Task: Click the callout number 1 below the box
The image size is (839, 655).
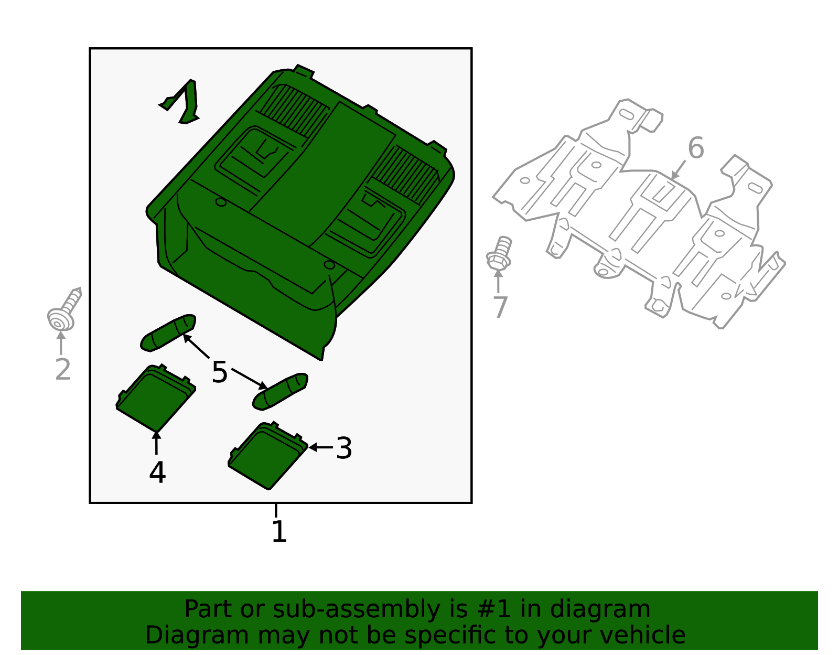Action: click(279, 532)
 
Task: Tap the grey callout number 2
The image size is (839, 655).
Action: click(62, 370)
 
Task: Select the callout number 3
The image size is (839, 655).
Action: click(344, 448)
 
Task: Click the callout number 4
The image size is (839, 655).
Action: click(157, 473)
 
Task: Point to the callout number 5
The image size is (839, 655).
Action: click(220, 372)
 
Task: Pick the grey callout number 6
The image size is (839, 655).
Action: click(695, 148)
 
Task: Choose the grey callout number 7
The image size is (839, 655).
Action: click(501, 307)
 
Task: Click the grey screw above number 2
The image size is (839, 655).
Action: click(64, 310)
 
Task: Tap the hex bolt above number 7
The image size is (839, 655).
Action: click(499, 254)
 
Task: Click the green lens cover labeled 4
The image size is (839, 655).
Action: click(155, 397)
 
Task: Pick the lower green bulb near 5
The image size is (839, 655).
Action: click(280, 391)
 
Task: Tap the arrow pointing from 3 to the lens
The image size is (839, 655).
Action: click(321, 447)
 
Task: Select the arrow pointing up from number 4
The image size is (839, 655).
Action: click(156, 443)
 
